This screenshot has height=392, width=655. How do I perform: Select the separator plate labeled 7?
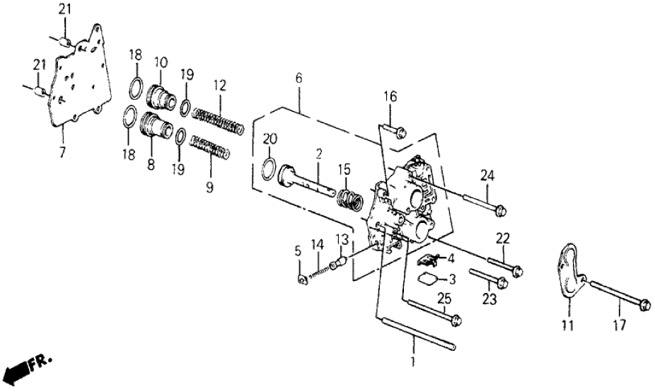tap(78, 85)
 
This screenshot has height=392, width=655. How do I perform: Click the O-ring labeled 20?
tap(269, 171)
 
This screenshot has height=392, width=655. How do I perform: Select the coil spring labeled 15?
tap(348, 195)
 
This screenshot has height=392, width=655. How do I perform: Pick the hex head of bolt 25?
tap(456, 320)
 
